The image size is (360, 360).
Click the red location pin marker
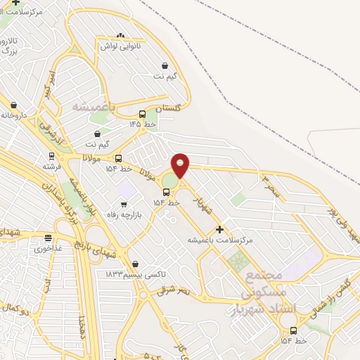[x=181, y=166]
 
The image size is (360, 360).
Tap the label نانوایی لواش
[x=120, y=46]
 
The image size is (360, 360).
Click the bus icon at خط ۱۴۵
[x=142, y=114]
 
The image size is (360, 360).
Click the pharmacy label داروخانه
[x=13, y=113]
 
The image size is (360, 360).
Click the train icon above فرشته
[x=51, y=156]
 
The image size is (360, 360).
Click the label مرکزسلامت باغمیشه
[x=219, y=240]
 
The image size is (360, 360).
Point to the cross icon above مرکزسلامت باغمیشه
[x=219, y=229]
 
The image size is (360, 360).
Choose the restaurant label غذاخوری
[x=47, y=248]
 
